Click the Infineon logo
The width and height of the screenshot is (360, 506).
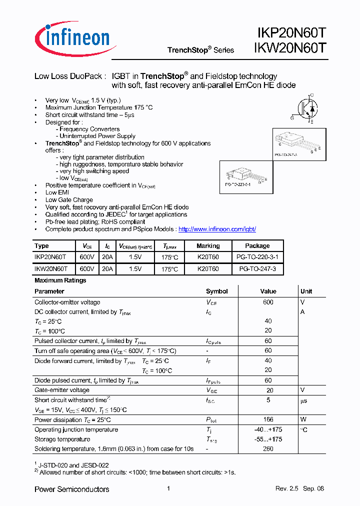[75, 39]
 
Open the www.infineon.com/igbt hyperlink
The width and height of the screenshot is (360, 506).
[217, 229]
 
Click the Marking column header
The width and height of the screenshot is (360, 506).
[208, 246]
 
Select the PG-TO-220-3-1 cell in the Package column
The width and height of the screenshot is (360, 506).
[257, 257]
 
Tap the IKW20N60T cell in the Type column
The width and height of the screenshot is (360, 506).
[51, 269]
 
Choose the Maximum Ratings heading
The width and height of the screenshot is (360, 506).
[60, 280]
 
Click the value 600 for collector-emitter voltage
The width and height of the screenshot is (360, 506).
[268, 302]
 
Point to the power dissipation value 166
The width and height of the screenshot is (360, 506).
[268, 420]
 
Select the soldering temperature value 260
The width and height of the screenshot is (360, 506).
[268, 449]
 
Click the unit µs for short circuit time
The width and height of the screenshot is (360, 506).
[303, 400]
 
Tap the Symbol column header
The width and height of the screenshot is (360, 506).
[216, 291]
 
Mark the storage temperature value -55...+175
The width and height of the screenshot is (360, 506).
[268, 439]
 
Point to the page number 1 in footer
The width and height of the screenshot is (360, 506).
[168, 489]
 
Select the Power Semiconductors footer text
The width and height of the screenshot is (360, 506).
[71, 489]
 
